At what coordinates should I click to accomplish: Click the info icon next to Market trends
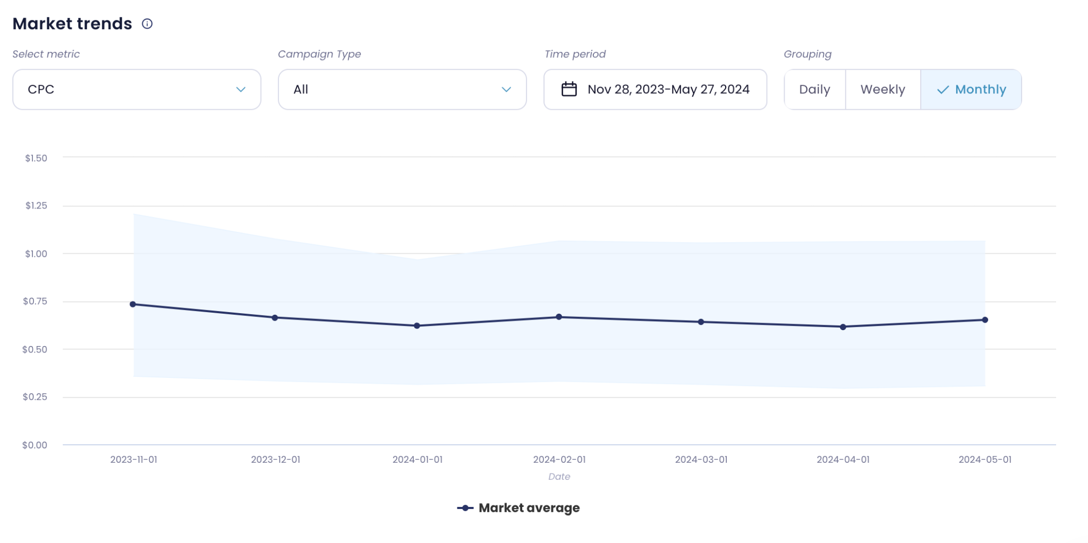click(x=147, y=24)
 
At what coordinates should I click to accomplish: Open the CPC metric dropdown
click(x=137, y=89)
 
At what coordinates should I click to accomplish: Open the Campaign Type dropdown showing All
click(x=402, y=89)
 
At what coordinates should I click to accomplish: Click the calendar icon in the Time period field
click(x=569, y=89)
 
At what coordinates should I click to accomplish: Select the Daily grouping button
click(x=814, y=89)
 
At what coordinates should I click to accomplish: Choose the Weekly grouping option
click(x=882, y=89)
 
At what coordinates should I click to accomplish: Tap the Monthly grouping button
click(x=971, y=89)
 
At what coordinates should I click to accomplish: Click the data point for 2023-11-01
click(x=133, y=304)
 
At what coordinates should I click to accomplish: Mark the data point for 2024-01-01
click(x=417, y=325)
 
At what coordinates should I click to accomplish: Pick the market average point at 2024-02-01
click(x=559, y=317)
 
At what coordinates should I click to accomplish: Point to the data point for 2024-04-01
click(x=843, y=327)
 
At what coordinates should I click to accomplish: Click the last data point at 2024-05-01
click(x=985, y=320)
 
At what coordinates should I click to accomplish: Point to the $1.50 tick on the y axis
click(x=36, y=158)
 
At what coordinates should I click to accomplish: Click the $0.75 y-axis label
click(x=35, y=301)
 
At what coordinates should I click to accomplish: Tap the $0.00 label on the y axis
click(x=35, y=445)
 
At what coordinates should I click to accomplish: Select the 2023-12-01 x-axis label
click(x=275, y=460)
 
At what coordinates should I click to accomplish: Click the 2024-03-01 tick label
click(x=701, y=460)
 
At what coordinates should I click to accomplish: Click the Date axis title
click(x=559, y=477)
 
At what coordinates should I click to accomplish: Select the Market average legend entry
click(x=518, y=508)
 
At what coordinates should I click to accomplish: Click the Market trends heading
click(x=72, y=24)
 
